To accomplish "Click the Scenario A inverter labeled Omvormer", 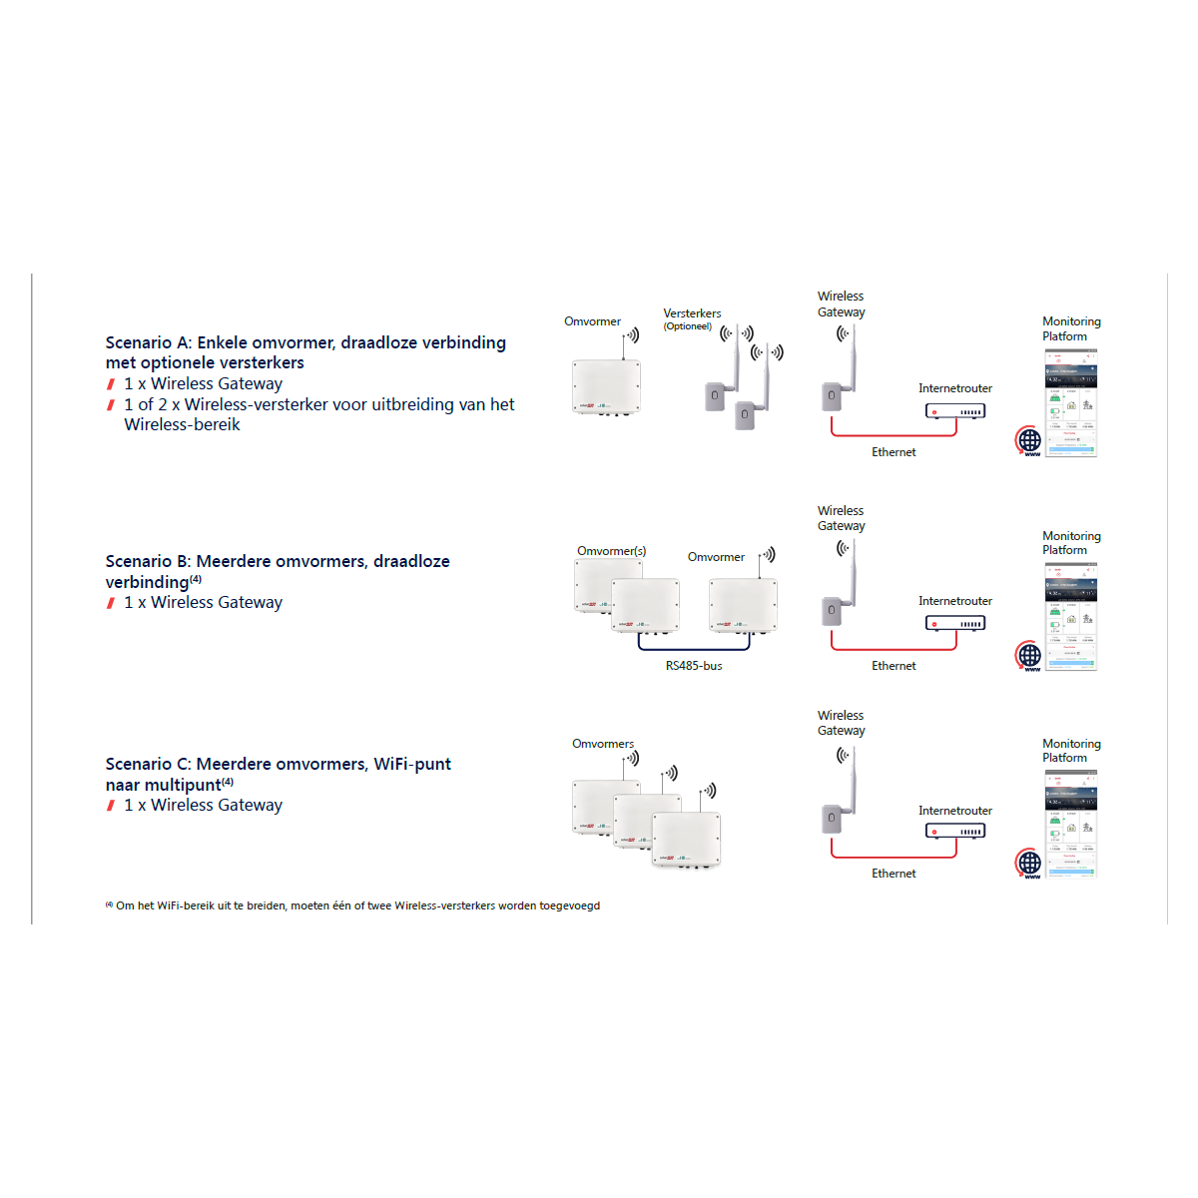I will (606, 386).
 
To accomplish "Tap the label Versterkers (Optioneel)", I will (692, 318).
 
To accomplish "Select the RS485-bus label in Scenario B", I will (694, 666).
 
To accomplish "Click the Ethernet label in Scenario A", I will (894, 452).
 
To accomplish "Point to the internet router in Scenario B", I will (955, 623).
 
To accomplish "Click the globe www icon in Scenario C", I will (1029, 863).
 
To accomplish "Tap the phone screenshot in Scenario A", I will (1071, 402).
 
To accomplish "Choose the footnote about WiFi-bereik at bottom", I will (353, 905).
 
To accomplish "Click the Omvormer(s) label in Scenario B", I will (611, 551).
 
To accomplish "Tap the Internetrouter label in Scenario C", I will (955, 811).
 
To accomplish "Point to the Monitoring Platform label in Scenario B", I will (1071, 543).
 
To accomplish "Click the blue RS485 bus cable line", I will (694, 649).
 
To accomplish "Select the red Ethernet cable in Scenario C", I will (894, 857).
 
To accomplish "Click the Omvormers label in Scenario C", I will (603, 744).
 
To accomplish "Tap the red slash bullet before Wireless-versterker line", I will (111, 405).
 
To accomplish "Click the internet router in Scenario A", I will (955, 411).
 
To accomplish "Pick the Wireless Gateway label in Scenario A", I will (841, 304).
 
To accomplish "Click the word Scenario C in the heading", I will (148, 764).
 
